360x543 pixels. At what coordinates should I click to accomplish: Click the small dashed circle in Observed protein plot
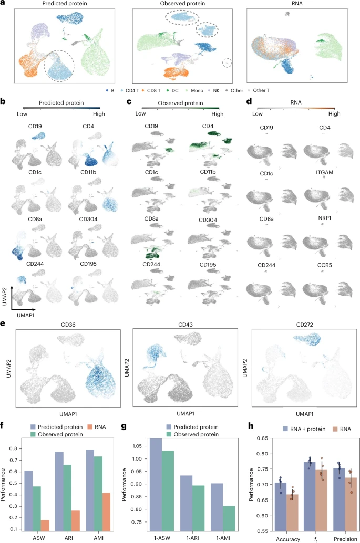[x=227, y=63]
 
